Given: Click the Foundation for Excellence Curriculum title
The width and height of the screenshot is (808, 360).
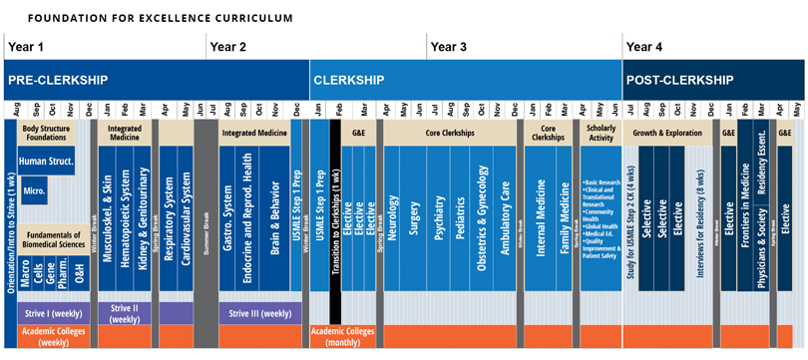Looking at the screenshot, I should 161,18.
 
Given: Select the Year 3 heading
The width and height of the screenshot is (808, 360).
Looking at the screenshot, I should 448,47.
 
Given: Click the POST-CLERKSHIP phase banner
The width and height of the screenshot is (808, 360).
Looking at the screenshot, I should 677,79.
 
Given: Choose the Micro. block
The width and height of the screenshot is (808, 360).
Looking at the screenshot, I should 35,189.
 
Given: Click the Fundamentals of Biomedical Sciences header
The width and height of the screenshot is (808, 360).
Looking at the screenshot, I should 54,237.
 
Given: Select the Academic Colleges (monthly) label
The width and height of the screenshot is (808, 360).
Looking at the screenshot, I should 344,337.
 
